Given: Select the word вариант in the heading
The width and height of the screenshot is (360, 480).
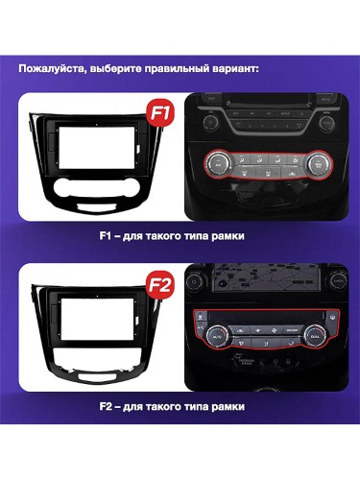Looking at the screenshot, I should pos(232,69).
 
